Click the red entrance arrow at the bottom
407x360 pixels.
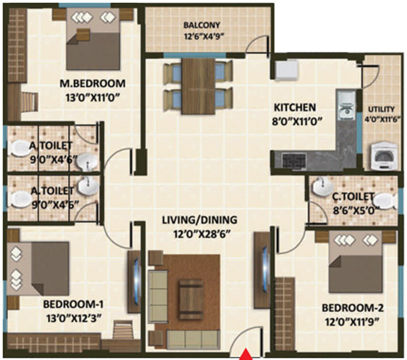246,353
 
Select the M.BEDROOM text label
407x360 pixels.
92,83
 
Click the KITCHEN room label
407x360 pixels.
295,107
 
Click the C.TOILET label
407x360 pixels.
353,196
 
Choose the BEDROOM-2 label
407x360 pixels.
353,308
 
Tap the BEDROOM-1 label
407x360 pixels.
73,304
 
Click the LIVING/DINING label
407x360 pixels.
199,220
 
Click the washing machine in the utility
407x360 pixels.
384,154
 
